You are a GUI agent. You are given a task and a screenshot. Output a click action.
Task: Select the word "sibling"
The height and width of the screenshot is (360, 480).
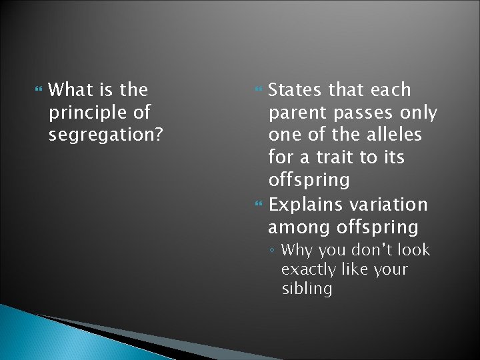click(x=306, y=289)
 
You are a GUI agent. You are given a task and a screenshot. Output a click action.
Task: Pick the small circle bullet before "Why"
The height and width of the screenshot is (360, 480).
click(x=273, y=251)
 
